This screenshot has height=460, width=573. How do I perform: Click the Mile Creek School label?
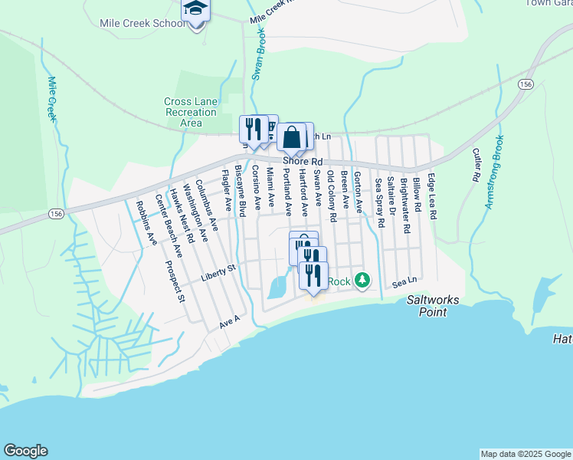tap(142, 23)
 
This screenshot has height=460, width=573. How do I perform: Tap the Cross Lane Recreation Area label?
tap(191, 113)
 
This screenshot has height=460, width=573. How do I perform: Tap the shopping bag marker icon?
tap(292, 139)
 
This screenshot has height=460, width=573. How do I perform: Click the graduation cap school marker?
tap(196, 10)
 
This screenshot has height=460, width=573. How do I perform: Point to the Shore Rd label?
tap(303, 162)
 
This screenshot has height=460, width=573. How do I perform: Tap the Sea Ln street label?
tap(403, 283)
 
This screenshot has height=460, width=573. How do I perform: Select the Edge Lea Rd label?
tap(432, 197)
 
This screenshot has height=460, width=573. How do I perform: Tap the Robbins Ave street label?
tap(146, 222)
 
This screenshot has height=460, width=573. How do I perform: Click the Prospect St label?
tap(175, 281)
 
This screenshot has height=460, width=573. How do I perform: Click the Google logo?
tap(25, 451)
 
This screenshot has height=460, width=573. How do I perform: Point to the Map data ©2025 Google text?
tap(525, 454)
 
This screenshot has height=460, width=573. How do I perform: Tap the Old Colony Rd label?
tap(331, 196)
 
